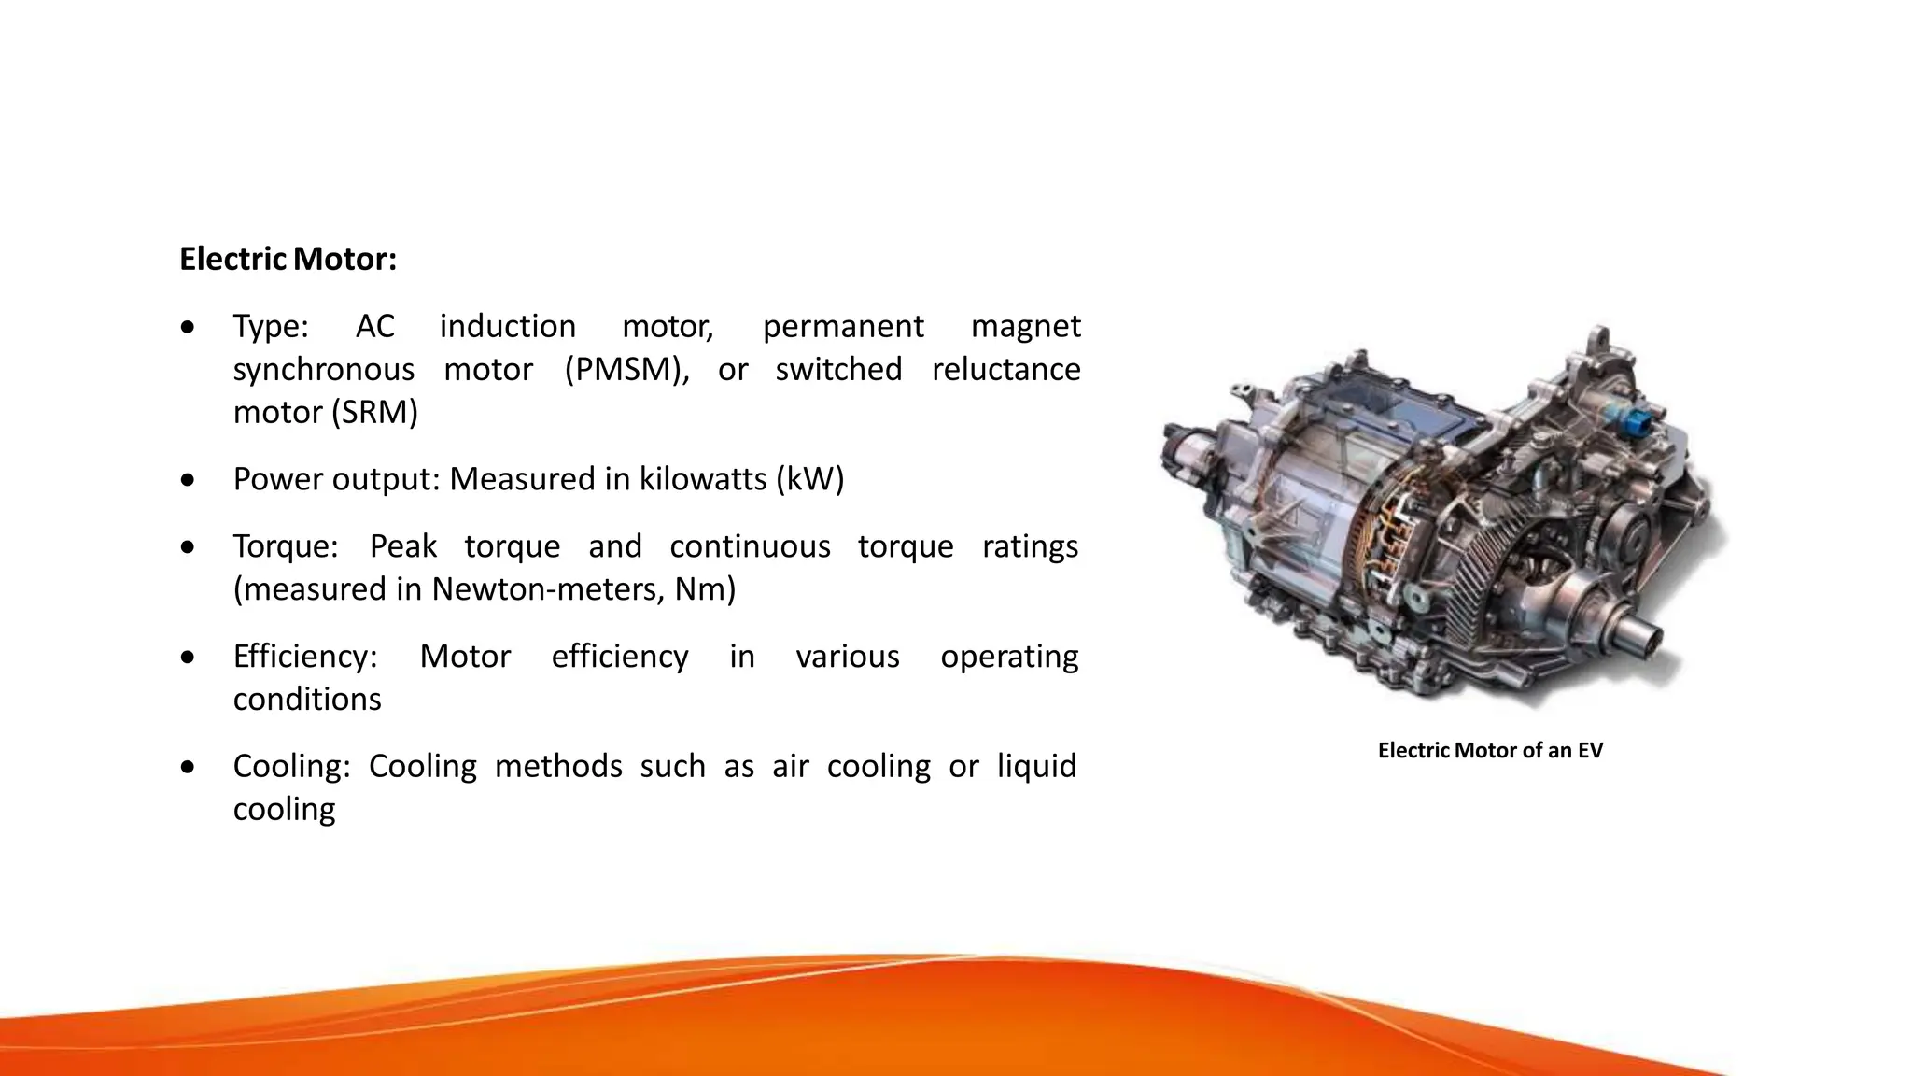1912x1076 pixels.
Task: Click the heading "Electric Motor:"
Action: tap(288, 259)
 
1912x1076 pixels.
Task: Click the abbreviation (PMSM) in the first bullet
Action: tap(626, 370)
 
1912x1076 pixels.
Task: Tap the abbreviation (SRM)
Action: tap(373, 413)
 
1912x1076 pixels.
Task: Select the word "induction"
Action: tap(507, 326)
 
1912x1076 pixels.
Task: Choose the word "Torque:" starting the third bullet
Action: tap(286, 546)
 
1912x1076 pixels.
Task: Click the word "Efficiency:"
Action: tap(305, 657)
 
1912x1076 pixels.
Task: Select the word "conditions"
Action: tap(307, 700)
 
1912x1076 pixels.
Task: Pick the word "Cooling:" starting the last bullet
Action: tap(291, 767)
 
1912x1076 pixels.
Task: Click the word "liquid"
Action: tap(1036, 767)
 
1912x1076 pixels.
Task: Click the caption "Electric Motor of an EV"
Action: tap(1490, 751)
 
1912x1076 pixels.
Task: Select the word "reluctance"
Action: tap(1005, 370)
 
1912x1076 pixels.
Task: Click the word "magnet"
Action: tap(1025, 326)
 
